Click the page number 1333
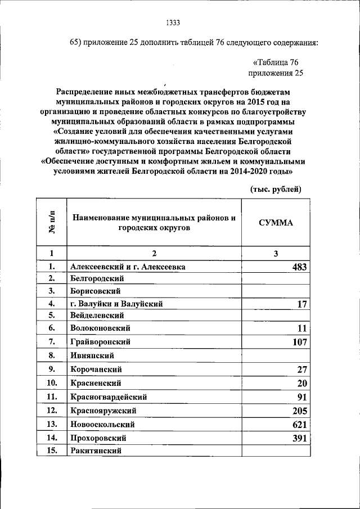(173, 22)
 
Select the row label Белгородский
(97, 278)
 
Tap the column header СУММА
(276, 222)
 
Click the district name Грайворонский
(101, 341)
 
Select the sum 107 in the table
(299, 341)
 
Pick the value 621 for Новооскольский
(299, 424)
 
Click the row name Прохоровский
(98, 438)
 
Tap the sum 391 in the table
(299, 438)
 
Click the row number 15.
(51, 451)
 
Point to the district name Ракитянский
(96, 451)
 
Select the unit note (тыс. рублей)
(276, 189)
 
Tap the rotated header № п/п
(51, 222)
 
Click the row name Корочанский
(96, 370)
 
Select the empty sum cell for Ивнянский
(276, 355)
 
